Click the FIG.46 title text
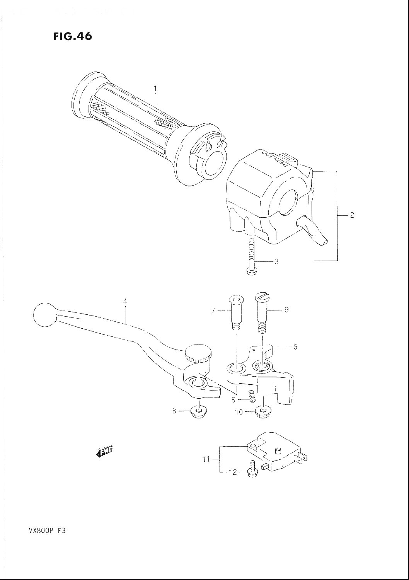72,36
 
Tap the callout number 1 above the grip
155,89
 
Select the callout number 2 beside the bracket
352,215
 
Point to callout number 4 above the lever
125,301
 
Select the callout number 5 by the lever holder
295,347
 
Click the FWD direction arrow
105,452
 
